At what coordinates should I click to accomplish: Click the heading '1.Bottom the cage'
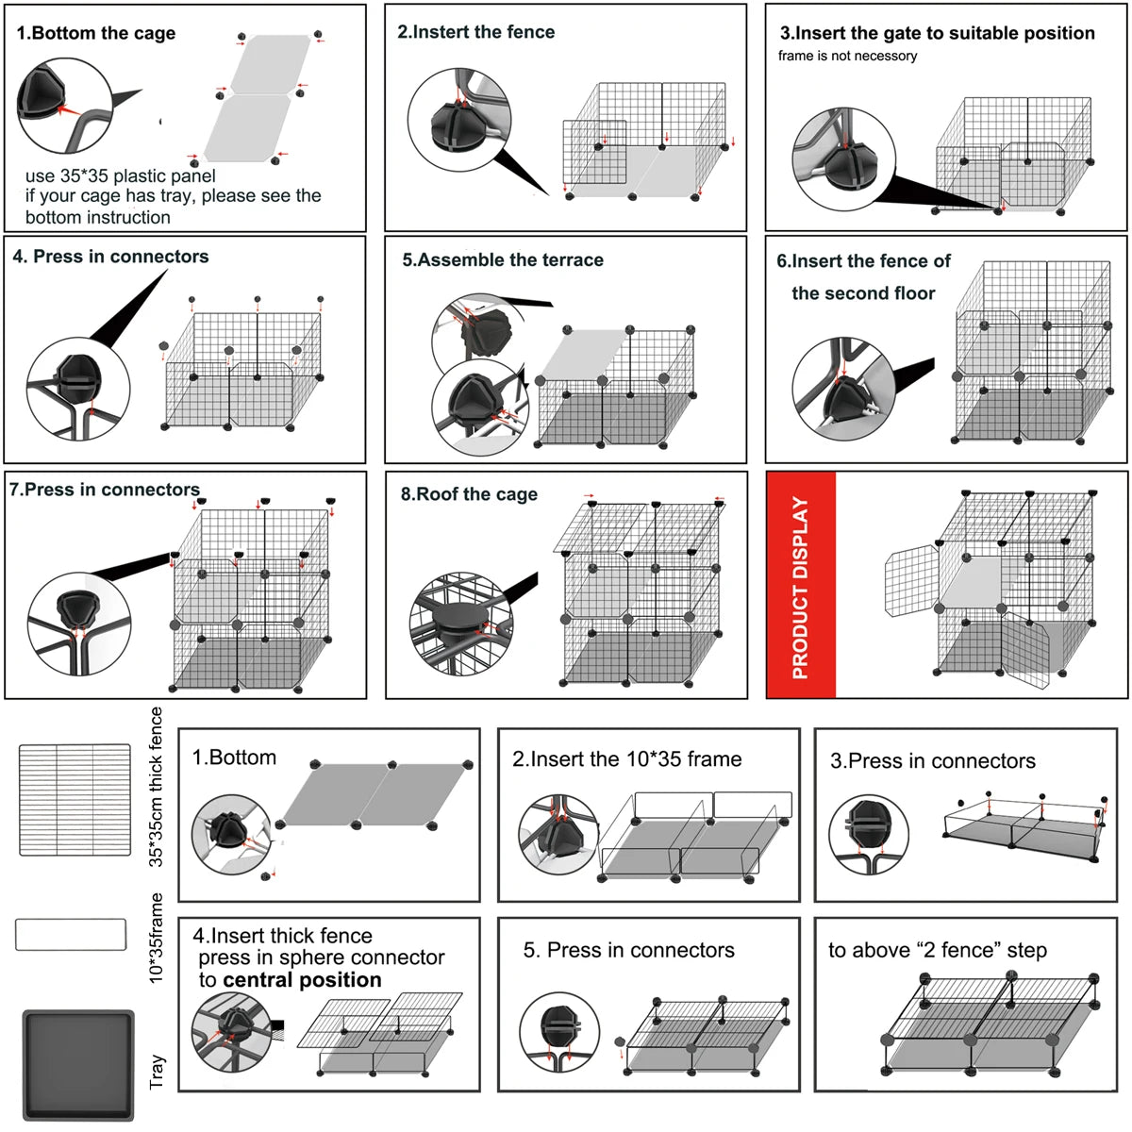(x=96, y=33)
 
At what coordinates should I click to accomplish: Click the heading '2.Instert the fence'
(x=475, y=32)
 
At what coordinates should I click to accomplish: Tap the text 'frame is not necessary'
(x=847, y=56)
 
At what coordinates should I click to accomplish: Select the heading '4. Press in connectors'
(x=110, y=257)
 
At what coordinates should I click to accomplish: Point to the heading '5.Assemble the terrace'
(x=503, y=260)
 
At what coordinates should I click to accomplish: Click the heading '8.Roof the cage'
(x=469, y=494)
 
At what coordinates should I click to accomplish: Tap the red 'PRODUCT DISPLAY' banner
(x=801, y=586)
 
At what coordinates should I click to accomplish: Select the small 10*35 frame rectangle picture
(x=71, y=935)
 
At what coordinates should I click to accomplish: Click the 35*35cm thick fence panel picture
(x=75, y=800)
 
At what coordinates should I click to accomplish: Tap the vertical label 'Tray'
(x=157, y=1072)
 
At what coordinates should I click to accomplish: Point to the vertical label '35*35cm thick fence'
(x=157, y=787)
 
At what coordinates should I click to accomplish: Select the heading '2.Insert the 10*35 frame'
(x=626, y=759)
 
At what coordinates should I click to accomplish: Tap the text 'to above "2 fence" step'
(x=938, y=950)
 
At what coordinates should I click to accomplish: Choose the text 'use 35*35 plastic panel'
(x=120, y=176)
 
